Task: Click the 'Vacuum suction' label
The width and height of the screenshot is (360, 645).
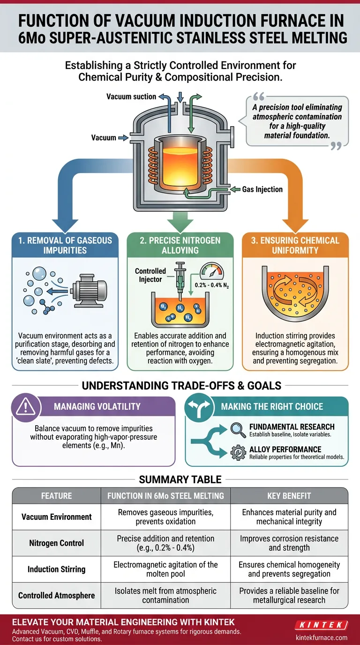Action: tap(131, 97)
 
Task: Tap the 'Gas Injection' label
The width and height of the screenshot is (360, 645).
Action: tap(262, 189)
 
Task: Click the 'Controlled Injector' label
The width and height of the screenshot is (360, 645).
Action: tap(150, 275)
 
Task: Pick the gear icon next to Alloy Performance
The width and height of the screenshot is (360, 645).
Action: tap(238, 453)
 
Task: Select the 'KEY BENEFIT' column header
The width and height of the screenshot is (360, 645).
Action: tap(289, 495)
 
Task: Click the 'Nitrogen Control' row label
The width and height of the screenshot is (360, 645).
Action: tap(56, 543)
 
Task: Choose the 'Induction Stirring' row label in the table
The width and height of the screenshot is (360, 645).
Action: tap(56, 570)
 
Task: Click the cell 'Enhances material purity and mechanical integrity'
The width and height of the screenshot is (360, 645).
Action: tap(289, 517)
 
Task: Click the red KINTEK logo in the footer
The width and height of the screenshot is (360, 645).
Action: tap(322, 625)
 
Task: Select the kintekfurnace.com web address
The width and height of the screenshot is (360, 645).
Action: tap(322, 637)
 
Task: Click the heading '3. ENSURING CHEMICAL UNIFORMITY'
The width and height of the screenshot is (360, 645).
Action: tap(295, 245)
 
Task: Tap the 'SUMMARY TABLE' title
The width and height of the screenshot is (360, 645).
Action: tap(180, 480)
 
